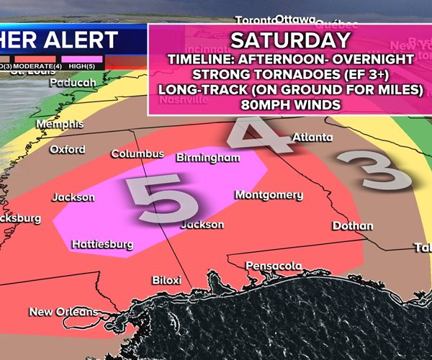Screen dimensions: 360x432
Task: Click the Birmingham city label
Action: click(207, 158)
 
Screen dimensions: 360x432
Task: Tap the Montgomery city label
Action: click(269, 195)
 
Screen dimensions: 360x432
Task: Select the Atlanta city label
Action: click(312, 138)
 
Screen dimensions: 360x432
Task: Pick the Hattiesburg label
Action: click(102, 244)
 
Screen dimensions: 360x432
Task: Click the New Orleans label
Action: click(62, 312)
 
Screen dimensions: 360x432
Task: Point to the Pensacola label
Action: click(274, 266)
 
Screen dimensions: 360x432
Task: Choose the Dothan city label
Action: click(353, 226)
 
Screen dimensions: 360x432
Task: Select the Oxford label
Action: click(67, 150)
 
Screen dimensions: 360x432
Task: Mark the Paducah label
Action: click(73, 83)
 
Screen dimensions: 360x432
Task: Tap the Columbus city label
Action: click(137, 154)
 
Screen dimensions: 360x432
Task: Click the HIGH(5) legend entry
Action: click(82, 66)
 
